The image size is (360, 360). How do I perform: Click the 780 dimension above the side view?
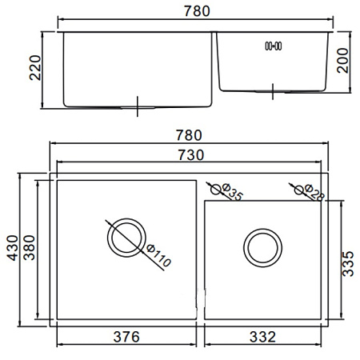tap(197, 11)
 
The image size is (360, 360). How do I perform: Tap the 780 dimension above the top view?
tap(189, 135)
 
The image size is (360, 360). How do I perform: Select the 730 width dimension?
tap(191, 155)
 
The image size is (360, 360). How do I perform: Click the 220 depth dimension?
tap(35, 68)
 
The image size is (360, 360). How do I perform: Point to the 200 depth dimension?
tap(342, 61)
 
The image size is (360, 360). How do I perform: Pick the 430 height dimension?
tap(12, 248)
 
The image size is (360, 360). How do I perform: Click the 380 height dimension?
tap(29, 248)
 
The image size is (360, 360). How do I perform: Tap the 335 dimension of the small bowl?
tap(348, 264)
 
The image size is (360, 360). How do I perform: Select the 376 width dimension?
tap(126, 337)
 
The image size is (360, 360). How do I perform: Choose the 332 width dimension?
tap(262, 337)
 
